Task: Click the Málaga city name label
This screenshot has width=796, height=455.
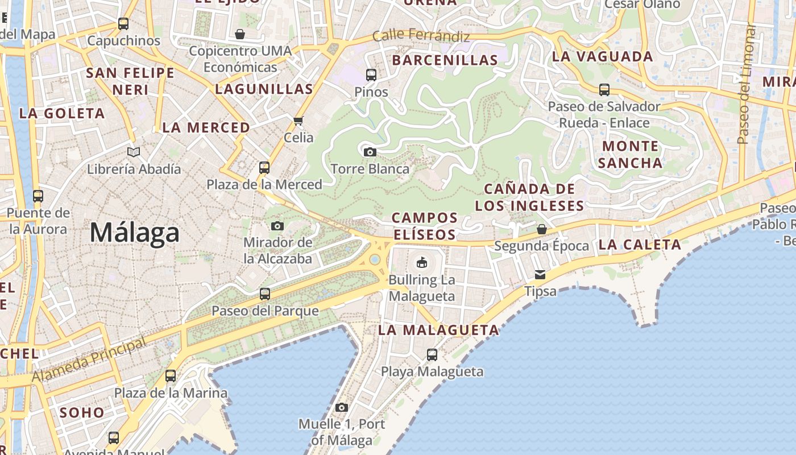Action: click(x=135, y=233)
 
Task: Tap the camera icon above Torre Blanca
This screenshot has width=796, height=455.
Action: click(x=370, y=152)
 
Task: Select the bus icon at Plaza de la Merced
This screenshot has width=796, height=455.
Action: click(x=264, y=167)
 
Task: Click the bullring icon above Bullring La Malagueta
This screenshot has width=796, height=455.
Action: click(x=421, y=262)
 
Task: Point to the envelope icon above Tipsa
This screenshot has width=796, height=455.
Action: click(x=540, y=275)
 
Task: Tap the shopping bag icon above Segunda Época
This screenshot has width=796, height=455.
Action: click(x=542, y=229)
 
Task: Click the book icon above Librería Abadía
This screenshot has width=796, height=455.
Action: click(x=134, y=152)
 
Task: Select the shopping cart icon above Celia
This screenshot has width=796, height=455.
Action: click(x=298, y=121)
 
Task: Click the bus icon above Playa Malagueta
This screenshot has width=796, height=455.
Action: click(x=432, y=355)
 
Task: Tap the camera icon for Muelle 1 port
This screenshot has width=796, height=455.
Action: click(x=341, y=407)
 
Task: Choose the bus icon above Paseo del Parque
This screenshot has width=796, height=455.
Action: click(x=265, y=294)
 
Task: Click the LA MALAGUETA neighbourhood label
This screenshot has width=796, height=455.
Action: click(x=438, y=330)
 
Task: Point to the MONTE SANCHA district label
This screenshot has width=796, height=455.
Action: click(x=630, y=155)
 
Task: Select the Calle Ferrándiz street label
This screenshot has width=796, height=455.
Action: click(x=421, y=36)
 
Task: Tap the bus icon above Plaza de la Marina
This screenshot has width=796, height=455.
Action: click(x=171, y=376)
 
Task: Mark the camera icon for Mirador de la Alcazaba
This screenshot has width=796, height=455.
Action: click(x=277, y=226)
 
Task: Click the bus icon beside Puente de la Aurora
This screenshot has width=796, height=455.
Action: click(x=38, y=196)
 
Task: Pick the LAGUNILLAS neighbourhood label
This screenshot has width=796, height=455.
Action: click(x=264, y=89)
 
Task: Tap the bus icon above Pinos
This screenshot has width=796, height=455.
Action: click(x=371, y=75)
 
